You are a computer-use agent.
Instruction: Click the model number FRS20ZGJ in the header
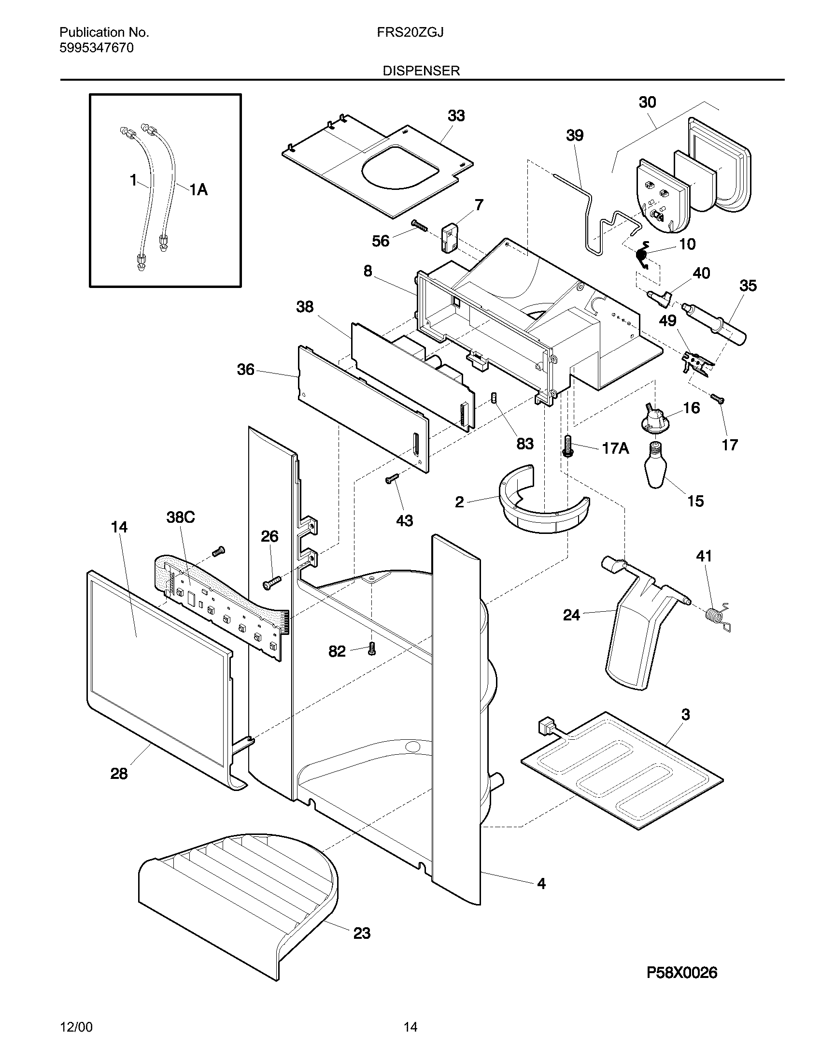tap(410, 32)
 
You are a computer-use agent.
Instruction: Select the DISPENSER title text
tap(421, 71)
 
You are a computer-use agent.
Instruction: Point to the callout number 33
tap(456, 116)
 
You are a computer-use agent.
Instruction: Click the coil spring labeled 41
tap(716, 617)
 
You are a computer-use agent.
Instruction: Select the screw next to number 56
tap(419, 225)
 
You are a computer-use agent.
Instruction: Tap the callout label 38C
tap(181, 517)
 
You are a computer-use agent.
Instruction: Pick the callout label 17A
tap(615, 448)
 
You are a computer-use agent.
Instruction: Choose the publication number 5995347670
tap(96, 48)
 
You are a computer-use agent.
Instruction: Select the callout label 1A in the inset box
tap(198, 190)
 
